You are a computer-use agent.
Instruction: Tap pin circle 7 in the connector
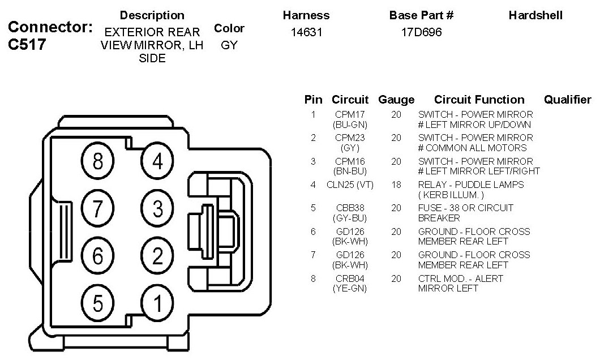click(98, 209)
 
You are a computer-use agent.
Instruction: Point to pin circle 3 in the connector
click(157, 209)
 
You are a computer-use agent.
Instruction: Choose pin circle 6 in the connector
click(98, 256)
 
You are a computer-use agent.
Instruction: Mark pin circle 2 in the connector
click(157, 256)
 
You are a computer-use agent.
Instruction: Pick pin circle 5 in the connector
click(98, 304)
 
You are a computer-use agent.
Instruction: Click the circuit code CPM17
click(350, 114)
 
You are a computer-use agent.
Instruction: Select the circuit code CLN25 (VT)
click(350, 185)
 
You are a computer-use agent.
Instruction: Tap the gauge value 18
click(396, 185)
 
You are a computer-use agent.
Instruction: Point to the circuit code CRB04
click(350, 278)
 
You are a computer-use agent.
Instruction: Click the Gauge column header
click(396, 100)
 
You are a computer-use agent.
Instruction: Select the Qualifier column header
click(567, 100)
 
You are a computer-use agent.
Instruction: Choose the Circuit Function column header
click(479, 100)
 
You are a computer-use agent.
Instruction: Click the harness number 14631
click(306, 32)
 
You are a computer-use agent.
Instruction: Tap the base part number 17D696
click(421, 32)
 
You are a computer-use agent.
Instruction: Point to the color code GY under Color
click(229, 45)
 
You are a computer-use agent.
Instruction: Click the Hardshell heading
click(535, 15)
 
